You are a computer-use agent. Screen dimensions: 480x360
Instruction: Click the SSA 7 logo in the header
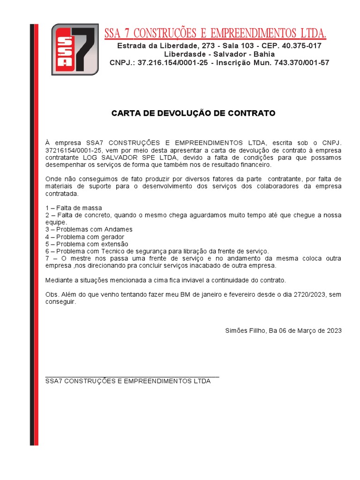click(75, 49)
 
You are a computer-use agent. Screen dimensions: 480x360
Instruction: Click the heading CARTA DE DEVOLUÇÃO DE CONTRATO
click(193, 113)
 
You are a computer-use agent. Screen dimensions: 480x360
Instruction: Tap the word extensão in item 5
click(114, 244)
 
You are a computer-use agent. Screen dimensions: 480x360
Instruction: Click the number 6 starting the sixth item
click(47, 251)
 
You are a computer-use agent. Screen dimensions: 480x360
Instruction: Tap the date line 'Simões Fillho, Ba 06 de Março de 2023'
click(283, 330)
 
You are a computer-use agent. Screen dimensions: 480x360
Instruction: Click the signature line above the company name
click(132, 376)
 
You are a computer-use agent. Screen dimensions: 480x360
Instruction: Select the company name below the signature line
click(128, 381)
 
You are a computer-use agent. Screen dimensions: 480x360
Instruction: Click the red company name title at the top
click(215, 33)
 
